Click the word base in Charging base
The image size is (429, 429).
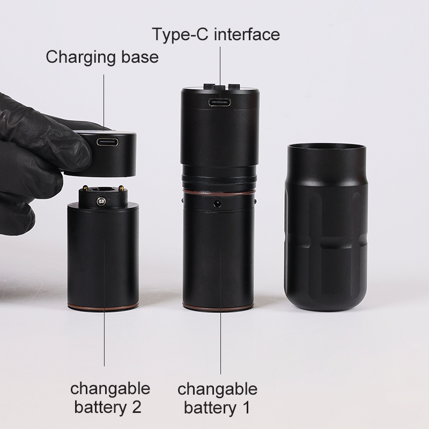[140, 57]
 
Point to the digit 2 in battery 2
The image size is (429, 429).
[137, 407]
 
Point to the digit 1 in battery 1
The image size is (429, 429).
[246, 408]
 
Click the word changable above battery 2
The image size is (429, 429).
[110, 388]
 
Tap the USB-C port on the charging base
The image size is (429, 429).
[108, 142]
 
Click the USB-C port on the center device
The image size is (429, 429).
[219, 102]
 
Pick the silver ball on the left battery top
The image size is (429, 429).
[101, 202]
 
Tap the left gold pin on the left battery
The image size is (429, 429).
[85, 188]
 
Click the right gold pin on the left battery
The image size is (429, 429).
[121, 188]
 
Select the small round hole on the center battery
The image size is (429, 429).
[218, 203]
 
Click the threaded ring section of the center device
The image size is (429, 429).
[219, 177]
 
